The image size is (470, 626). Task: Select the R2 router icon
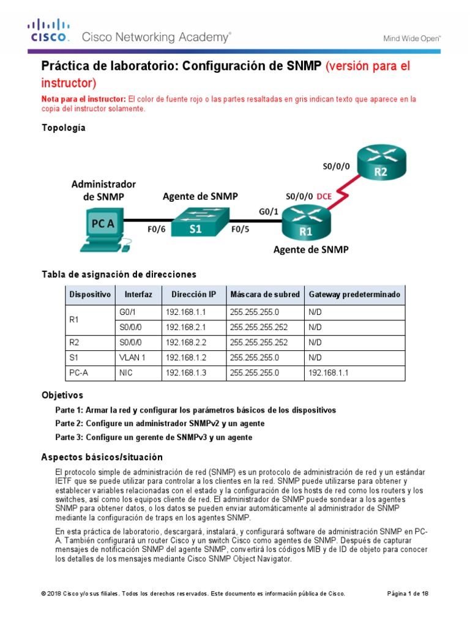[382, 165]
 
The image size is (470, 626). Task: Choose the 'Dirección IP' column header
[193, 295]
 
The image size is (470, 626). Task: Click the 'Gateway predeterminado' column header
[354, 295]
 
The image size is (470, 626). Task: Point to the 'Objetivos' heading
[62, 396]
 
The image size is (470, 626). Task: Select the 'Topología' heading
[63, 128]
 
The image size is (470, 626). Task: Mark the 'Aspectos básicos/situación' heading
[102, 457]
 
